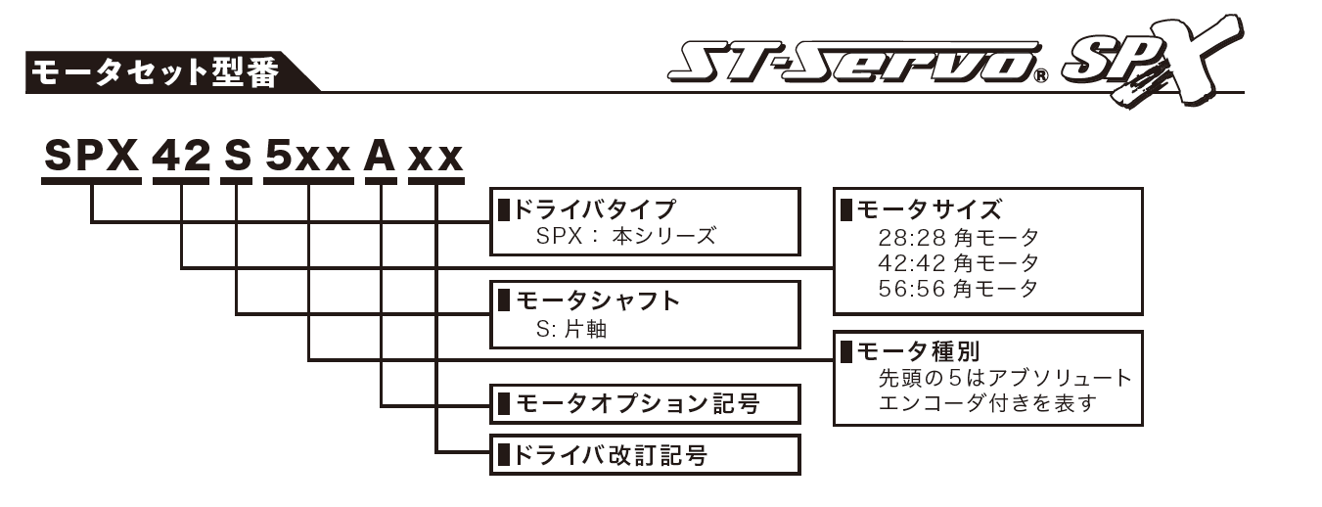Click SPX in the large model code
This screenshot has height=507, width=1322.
coord(91,158)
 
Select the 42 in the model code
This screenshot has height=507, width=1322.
coord(181,158)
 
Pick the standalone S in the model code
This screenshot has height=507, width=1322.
coord(236,158)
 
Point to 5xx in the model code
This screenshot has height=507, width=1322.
coord(308,158)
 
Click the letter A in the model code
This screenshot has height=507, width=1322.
coord(380,158)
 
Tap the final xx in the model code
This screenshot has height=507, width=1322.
coord(435,158)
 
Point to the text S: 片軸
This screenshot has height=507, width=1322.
coord(571,329)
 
